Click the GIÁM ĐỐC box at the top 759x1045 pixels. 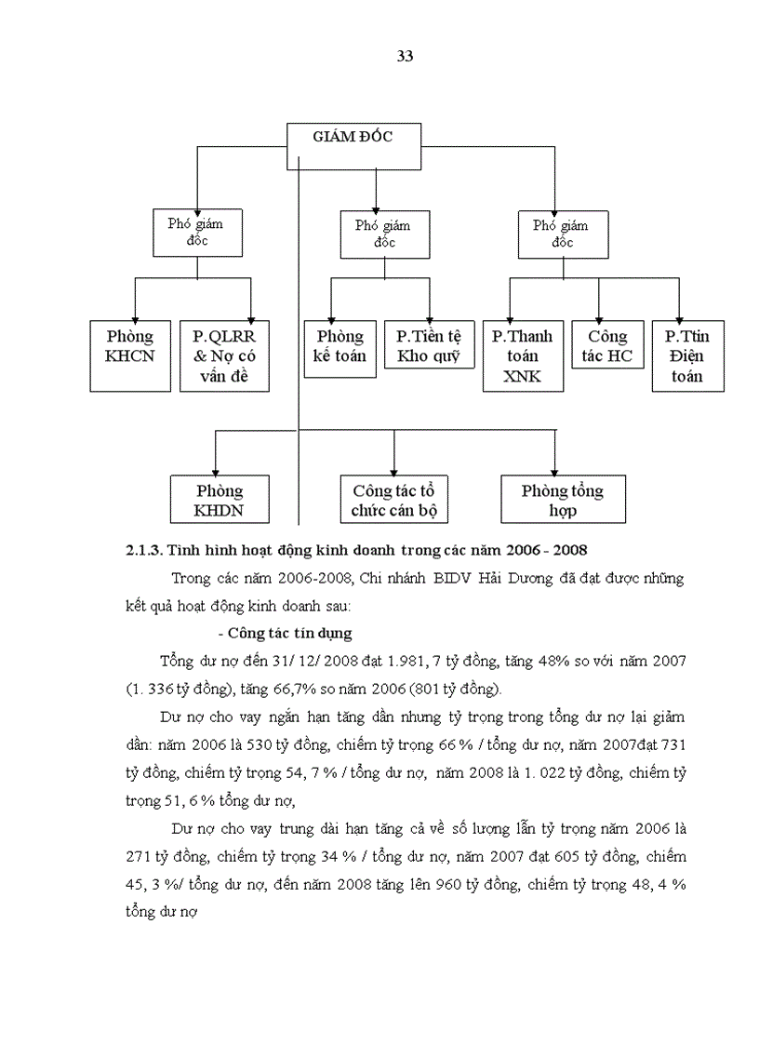coord(354,140)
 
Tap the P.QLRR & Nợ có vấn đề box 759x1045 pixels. coord(224,356)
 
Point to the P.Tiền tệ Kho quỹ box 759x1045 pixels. coord(429,346)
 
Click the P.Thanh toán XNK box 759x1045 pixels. coord(523,356)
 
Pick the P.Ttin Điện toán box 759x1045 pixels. coord(688,356)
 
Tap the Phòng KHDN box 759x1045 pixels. coord(220,501)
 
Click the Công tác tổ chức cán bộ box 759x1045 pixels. coord(394,501)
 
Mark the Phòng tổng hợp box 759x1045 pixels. coord(562,501)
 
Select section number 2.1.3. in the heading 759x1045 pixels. coord(144,550)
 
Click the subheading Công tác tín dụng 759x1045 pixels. coord(289,634)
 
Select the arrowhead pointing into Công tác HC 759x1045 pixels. coord(599,317)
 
